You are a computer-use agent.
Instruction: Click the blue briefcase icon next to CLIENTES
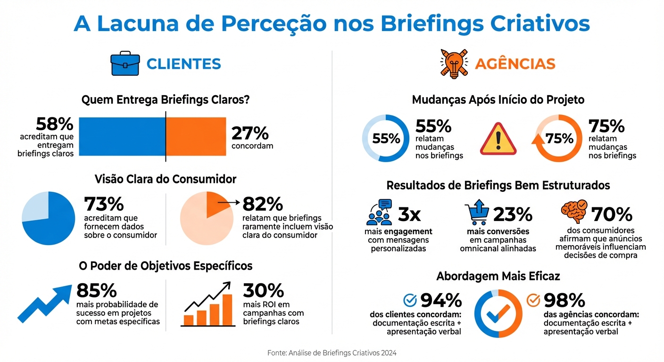click(x=125, y=65)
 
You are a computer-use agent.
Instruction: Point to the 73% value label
click(x=104, y=204)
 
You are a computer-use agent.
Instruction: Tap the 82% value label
click(x=263, y=204)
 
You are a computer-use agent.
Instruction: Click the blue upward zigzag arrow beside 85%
click(x=44, y=302)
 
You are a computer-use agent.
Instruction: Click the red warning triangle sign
click(x=498, y=140)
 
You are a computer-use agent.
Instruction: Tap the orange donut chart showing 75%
click(x=559, y=139)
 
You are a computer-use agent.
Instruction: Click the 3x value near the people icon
click(x=409, y=214)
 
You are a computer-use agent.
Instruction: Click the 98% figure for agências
click(x=564, y=300)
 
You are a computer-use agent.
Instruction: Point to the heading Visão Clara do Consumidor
click(x=166, y=179)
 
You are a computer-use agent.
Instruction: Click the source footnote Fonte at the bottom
click(x=332, y=353)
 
